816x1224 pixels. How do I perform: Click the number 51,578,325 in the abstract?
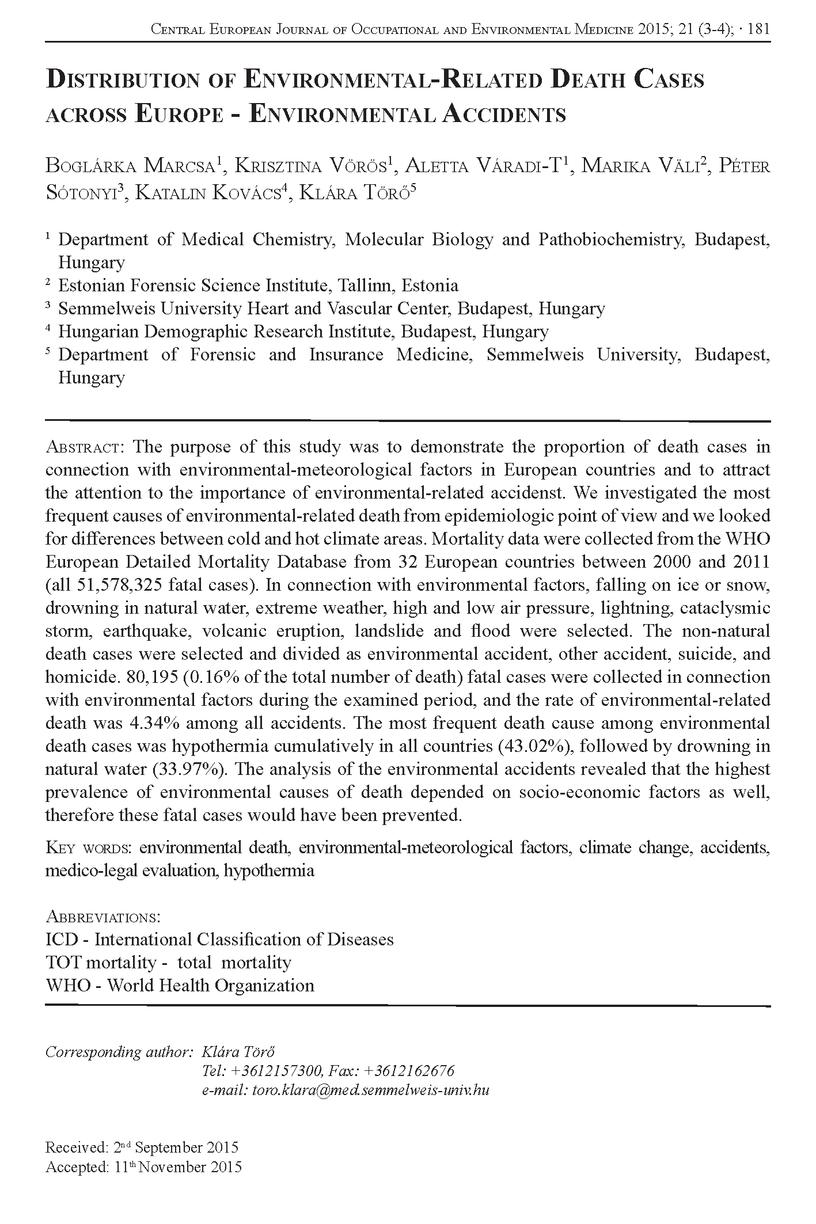[119, 585]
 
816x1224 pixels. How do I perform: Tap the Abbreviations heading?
[103, 917]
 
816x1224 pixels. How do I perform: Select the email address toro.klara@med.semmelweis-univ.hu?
[371, 1090]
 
